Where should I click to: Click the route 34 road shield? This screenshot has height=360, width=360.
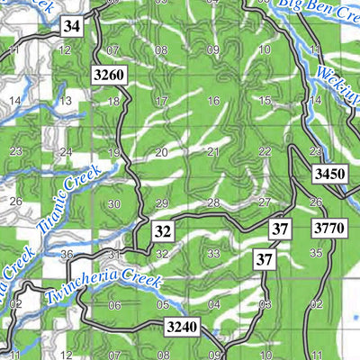pyautogui.click(x=72, y=27)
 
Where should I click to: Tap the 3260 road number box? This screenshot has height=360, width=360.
pyautogui.click(x=108, y=74)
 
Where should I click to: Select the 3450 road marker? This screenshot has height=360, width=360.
pyautogui.click(x=330, y=174)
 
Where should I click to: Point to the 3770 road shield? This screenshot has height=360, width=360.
pyautogui.click(x=329, y=229)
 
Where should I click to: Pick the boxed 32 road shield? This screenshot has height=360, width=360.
pyautogui.click(x=162, y=231)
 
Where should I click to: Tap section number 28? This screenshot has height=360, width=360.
pyautogui.click(x=213, y=202)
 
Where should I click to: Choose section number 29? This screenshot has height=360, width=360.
pyautogui.click(x=161, y=203)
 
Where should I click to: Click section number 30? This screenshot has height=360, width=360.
pyautogui.click(x=112, y=204)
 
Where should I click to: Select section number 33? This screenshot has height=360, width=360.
pyautogui.click(x=213, y=254)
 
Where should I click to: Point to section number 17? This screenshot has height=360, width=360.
pyautogui.click(x=161, y=101)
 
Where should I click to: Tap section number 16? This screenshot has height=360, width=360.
pyautogui.click(x=213, y=101)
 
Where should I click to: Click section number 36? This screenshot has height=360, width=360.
pyautogui.click(x=66, y=255)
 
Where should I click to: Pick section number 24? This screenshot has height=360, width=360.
pyautogui.click(x=65, y=152)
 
